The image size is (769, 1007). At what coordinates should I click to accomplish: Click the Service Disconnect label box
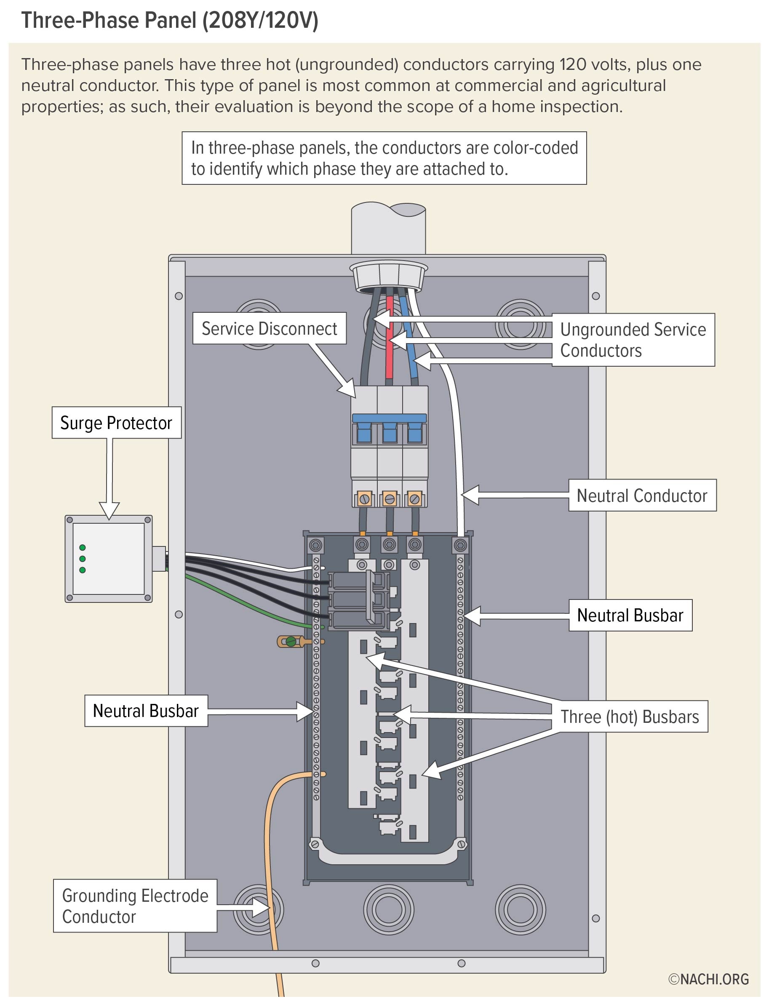point(269,328)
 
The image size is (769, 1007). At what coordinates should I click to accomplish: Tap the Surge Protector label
point(116,423)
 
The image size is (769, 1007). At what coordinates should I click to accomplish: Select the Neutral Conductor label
point(642,496)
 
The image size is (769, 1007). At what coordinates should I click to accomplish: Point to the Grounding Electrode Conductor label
point(135,906)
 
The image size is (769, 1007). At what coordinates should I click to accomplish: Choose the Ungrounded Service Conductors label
point(633,340)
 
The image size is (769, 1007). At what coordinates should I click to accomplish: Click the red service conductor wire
point(390,357)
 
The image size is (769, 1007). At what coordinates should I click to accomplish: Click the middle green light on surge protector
point(83,559)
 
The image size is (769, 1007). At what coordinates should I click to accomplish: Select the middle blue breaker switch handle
point(390,432)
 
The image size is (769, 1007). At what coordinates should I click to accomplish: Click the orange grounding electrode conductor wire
point(270,847)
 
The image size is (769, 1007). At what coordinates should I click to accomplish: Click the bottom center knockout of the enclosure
point(389,910)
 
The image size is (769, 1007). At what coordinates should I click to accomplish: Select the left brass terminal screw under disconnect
point(364,499)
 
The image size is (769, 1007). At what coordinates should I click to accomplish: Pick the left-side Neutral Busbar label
point(146,711)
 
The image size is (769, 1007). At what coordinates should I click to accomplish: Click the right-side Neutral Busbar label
point(630,615)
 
